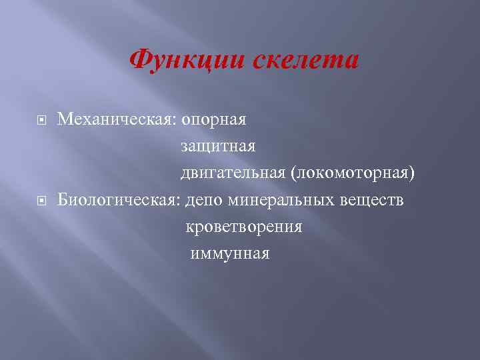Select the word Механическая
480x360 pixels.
pyautogui.click(x=114, y=120)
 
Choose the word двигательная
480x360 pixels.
pyautogui.click(x=232, y=173)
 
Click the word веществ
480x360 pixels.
pyautogui.click(x=371, y=200)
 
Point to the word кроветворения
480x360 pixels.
pyautogui.click(x=244, y=227)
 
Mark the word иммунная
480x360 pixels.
pyautogui.click(x=230, y=253)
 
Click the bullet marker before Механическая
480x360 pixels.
pyautogui.click(x=41, y=120)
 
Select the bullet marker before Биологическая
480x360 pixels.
pyautogui.click(x=41, y=200)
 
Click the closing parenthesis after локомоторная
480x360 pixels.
pyautogui.click(x=413, y=173)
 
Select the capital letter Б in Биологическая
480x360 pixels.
pyautogui.click(x=63, y=199)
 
